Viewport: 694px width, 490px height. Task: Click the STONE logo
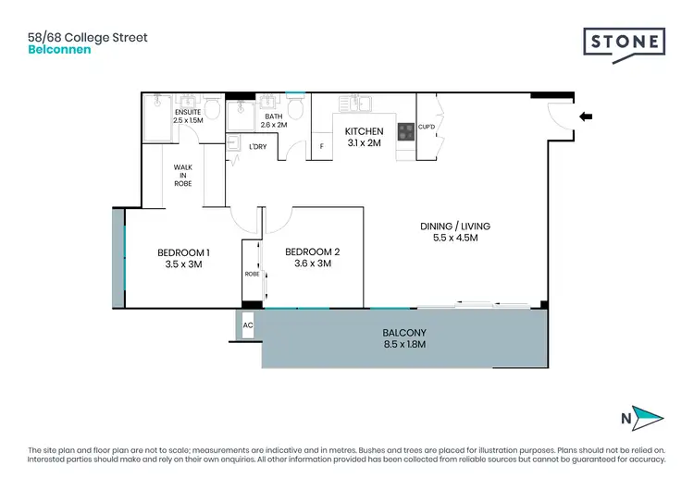[x=625, y=43]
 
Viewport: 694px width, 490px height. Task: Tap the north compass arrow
[x=646, y=419]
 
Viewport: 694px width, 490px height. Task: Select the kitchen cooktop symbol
[x=405, y=132]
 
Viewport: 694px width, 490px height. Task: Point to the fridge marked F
[x=321, y=146]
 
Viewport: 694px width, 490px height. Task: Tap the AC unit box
[x=247, y=326]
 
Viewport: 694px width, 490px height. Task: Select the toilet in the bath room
[x=294, y=109]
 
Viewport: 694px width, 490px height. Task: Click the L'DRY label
[x=257, y=146]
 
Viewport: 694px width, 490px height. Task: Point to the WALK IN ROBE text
[x=183, y=175]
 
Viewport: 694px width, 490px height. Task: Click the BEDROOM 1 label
[x=183, y=252]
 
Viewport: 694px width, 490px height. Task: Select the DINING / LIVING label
[x=455, y=226]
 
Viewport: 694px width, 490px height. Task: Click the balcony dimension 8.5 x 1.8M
[x=403, y=344]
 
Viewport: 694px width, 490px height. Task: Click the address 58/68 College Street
[x=88, y=37]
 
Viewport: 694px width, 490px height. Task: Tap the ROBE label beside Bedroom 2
[x=252, y=275]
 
